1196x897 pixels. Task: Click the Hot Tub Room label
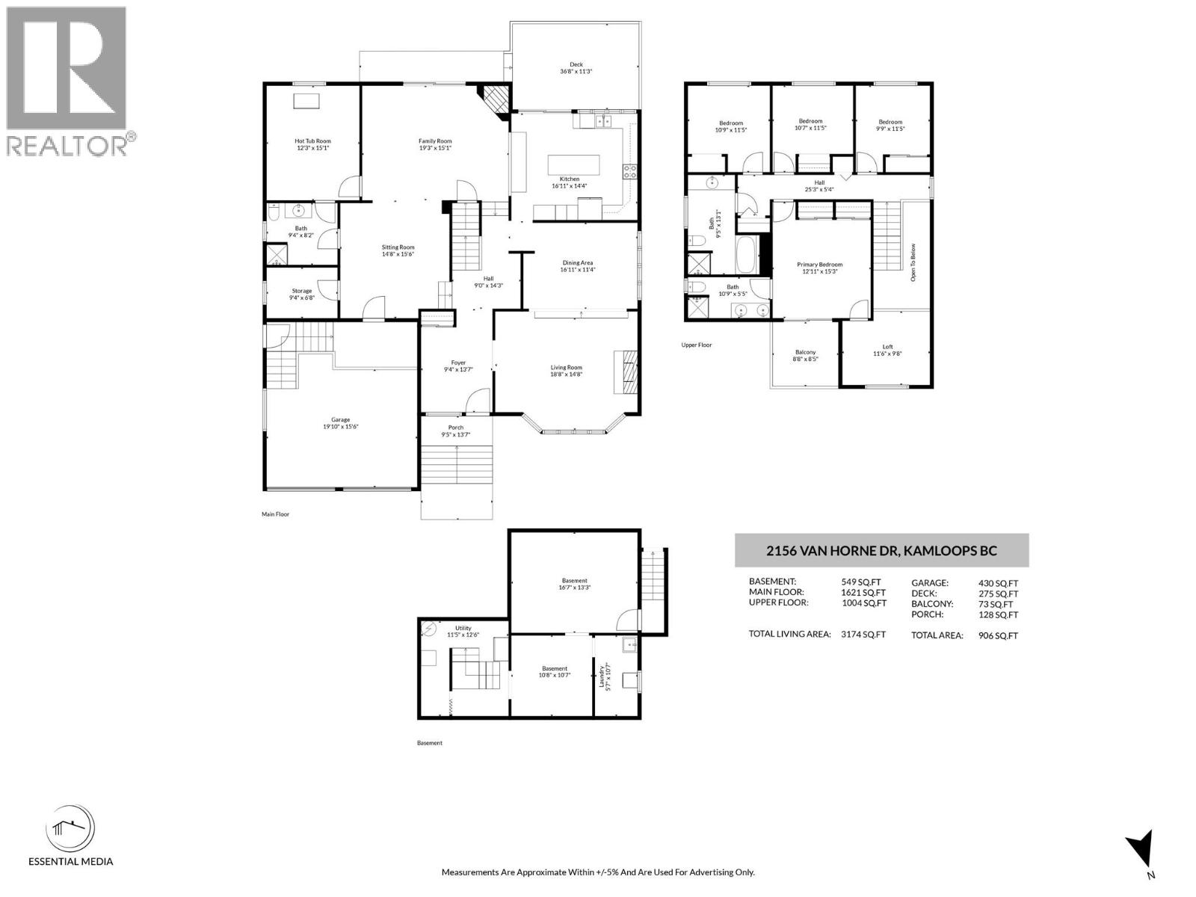[312, 141]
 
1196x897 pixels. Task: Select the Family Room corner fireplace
[495, 97]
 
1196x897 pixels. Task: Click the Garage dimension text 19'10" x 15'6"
[341, 427]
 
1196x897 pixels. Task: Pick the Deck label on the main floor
[576, 65]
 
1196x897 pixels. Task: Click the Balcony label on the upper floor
[805, 352]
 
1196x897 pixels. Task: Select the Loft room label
[887, 347]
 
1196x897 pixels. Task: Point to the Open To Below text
[913, 262]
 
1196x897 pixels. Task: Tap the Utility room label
[463, 628]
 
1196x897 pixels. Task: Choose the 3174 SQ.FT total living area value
[863, 634]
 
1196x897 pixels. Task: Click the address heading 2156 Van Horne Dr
[881, 551]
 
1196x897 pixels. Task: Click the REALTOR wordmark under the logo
[67, 145]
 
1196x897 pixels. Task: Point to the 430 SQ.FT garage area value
[998, 583]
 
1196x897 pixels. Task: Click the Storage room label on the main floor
[301, 291]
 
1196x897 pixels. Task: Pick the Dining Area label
[577, 263]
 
